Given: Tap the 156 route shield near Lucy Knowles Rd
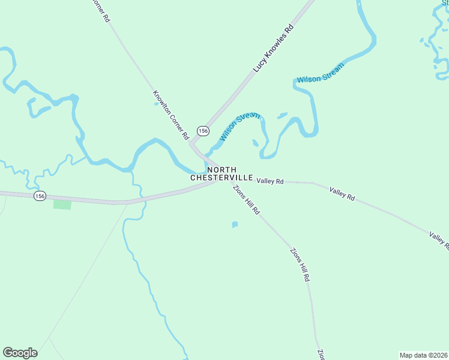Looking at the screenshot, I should pos(203,130).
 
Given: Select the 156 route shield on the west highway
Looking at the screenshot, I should pos(40,196).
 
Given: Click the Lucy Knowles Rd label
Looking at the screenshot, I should pos(273,49).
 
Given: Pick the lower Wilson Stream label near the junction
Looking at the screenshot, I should pos(240,127).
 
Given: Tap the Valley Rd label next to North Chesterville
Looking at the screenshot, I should pos(270,181).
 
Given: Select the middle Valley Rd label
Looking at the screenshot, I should pos(342,193).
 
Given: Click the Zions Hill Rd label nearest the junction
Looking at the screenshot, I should pos(247,200).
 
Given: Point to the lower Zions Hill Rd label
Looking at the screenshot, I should pos(301,265).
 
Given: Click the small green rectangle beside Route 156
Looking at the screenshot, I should pos(62,205).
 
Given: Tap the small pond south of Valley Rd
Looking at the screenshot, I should pos(235,225).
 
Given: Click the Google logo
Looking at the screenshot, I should pos(20,353).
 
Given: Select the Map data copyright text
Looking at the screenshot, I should pos(423,355).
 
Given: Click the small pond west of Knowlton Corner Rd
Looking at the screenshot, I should pos(157,103).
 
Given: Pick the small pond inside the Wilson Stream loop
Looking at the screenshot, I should pos(256,143).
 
